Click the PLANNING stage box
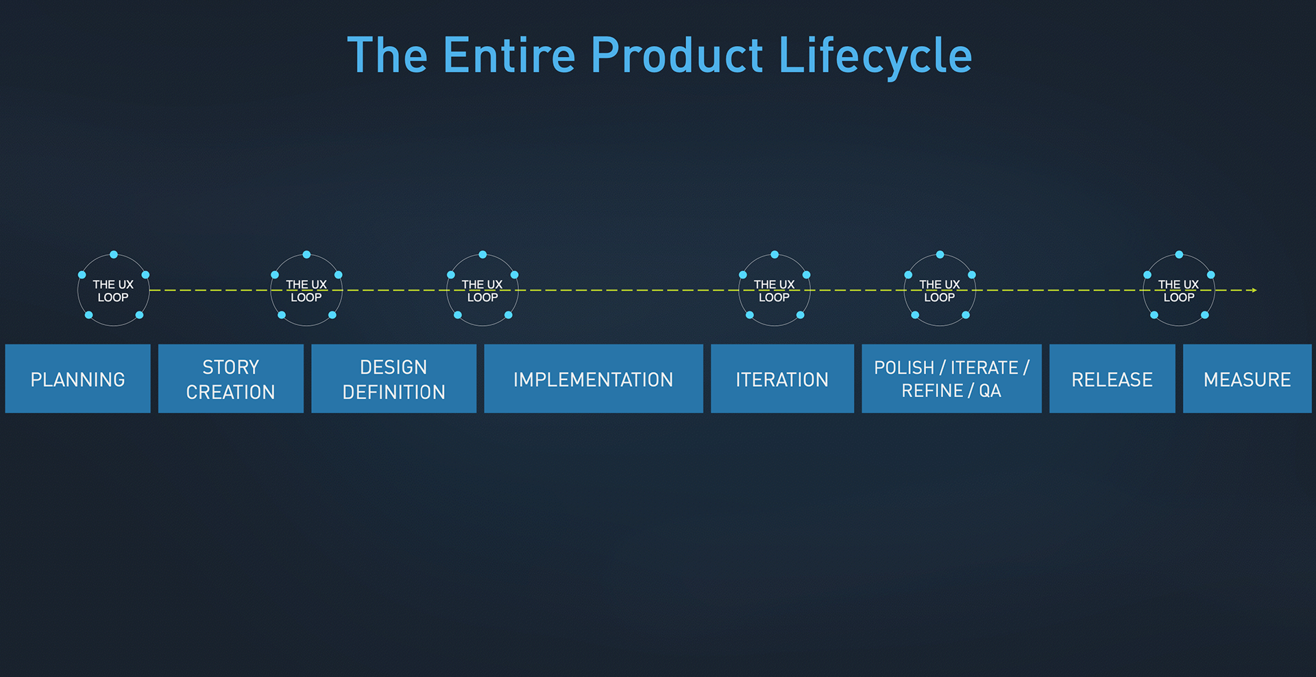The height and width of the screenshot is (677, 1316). [x=77, y=379]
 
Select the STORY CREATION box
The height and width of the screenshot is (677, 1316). [x=230, y=379]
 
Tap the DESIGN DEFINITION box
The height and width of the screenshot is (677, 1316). [x=393, y=379]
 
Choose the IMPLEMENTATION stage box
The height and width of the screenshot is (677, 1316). [x=593, y=379]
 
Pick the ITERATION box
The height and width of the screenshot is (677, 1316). [x=782, y=379]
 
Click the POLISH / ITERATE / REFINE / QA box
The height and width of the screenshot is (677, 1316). [x=951, y=379]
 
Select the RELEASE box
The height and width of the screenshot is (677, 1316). [x=1112, y=379]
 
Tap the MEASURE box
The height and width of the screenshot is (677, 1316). [x=1247, y=379]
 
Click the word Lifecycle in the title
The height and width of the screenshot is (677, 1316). [x=875, y=56]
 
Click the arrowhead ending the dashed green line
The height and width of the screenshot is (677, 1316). [x=1254, y=290]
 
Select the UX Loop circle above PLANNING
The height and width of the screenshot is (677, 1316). [x=113, y=290]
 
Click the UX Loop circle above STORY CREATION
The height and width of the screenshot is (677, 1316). [x=306, y=290]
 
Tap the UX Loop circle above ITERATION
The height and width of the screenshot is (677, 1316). [x=775, y=290]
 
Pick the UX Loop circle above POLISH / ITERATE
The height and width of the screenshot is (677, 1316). [x=940, y=290]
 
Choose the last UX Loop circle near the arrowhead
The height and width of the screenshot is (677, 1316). [x=1179, y=290]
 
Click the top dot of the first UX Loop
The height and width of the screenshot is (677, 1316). [x=114, y=254]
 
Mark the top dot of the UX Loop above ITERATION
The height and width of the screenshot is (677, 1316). [x=775, y=254]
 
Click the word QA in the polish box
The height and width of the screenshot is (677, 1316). [x=990, y=391]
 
